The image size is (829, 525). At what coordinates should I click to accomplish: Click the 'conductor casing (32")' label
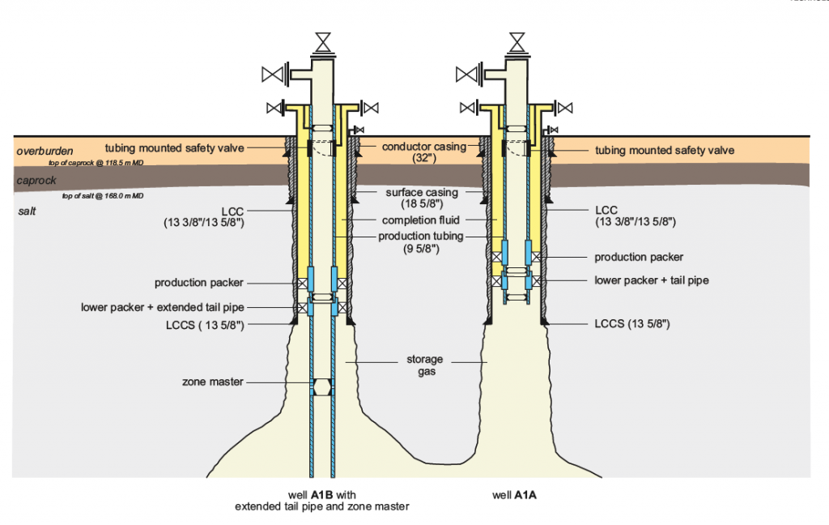[x=413, y=152]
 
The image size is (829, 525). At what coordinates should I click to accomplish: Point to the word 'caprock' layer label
[x=36, y=181]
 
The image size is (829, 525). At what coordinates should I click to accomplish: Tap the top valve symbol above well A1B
[x=322, y=40]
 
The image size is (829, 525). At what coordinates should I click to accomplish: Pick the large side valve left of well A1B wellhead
[x=274, y=75]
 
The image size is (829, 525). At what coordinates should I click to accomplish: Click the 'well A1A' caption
[x=516, y=493]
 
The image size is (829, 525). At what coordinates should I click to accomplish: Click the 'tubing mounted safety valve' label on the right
[x=665, y=150]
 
